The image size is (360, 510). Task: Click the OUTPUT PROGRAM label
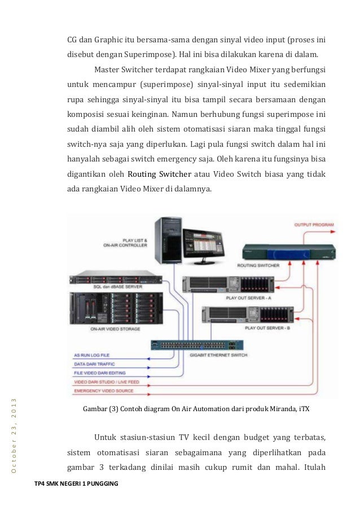[x=314, y=225]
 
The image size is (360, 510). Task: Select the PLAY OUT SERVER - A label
[x=248, y=297]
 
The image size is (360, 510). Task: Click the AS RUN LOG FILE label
[x=92, y=355]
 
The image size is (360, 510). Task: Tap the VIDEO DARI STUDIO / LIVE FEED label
[x=107, y=382]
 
